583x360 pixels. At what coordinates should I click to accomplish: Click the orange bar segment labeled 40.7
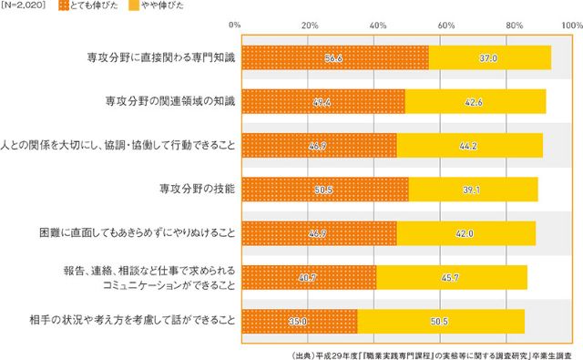[x=308, y=277]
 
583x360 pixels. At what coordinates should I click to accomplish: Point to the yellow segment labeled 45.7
[x=451, y=277]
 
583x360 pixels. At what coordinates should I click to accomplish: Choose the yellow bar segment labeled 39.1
[x=473, y=190]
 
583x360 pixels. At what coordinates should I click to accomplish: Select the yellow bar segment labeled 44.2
[x=469, y=146]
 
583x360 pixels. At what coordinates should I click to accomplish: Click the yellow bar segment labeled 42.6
[x=475, y=102]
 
